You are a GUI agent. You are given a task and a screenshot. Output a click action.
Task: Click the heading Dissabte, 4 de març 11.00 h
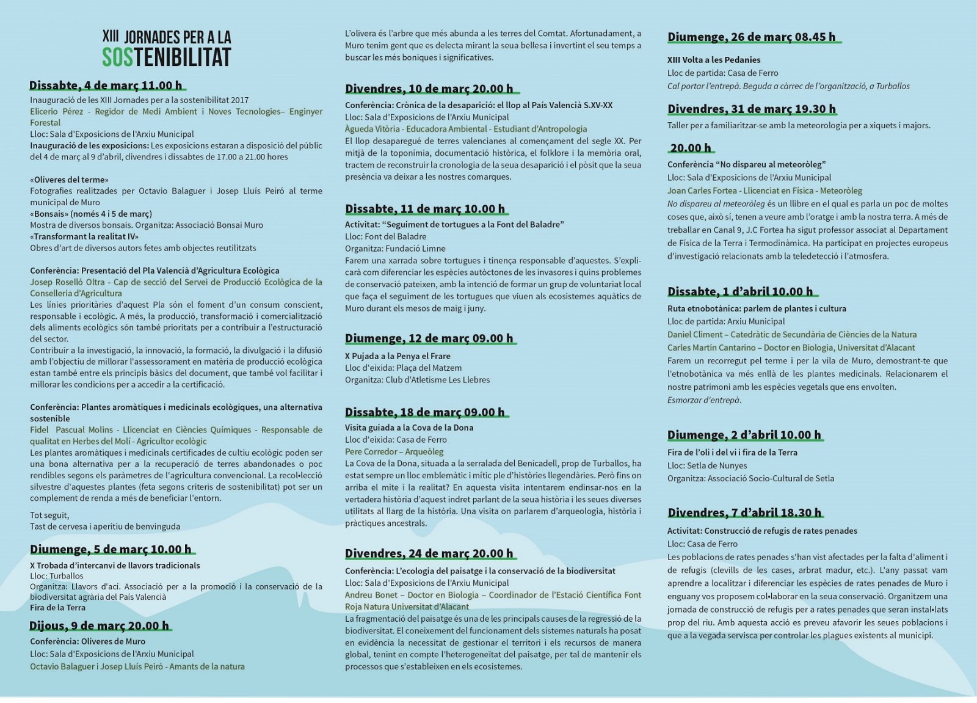(x=106, y=86)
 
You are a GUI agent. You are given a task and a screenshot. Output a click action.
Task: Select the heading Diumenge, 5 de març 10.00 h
(x=111, y=549)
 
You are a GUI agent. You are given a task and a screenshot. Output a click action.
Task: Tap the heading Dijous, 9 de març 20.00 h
(x=99, y=625)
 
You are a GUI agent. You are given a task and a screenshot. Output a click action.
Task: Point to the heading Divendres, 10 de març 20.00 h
(x=429, y=89)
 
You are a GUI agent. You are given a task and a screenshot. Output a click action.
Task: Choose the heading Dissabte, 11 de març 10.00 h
(x=425, y=209)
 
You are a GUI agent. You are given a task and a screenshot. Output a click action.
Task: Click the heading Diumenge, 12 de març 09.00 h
(x=429, y=338)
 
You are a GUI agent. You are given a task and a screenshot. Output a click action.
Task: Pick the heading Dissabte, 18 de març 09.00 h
(x=425, y=412)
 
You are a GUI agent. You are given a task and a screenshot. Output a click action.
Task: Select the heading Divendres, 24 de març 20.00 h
(x=429, y=554)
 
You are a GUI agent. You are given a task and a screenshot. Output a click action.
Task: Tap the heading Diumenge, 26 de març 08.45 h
(x=751, y=37)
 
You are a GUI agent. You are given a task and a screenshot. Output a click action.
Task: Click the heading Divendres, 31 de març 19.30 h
(x=751, y=109)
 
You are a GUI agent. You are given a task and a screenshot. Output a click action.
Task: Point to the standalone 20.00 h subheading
(x=691, y=148)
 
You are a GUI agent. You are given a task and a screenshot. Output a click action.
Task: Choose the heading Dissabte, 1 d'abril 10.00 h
(x=740, y=291)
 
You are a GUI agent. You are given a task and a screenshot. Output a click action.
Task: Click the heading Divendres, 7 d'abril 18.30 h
(x=744, y=512)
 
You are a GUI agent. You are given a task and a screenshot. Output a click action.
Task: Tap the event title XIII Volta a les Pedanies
(x=714, y=60)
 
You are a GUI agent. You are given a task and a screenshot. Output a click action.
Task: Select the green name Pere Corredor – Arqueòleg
(x=394, y=452)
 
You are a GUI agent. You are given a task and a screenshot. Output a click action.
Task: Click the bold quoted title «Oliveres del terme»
(x=70, y=180)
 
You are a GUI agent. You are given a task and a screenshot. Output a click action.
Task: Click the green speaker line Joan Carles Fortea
(x=765, y=191)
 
